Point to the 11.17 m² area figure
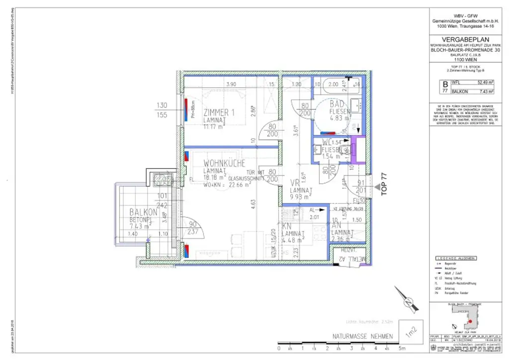pyautogui.click(x=215, y=126)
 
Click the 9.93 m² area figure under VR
pyautogui.click(x=301, y=197)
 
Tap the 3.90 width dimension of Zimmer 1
pyautogui.click(x=231, y=84)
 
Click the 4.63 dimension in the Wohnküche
pyautogui.click(x=252, y=202)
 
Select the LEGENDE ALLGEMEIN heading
pyautogui.click(x=456, y=258)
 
